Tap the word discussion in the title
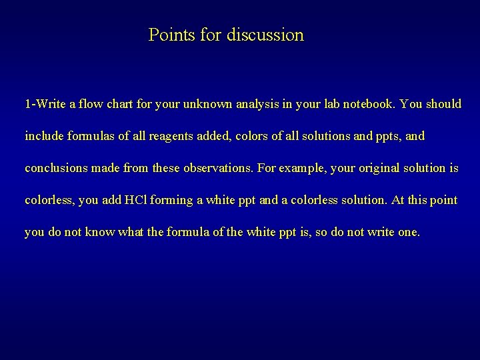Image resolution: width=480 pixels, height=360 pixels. [x=265, y=35]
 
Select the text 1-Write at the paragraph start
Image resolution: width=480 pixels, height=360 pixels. [x=45, y=105]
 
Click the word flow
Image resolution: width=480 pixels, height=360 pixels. [x=90, y=105]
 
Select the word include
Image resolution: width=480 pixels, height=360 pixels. [x=44, y=136]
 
